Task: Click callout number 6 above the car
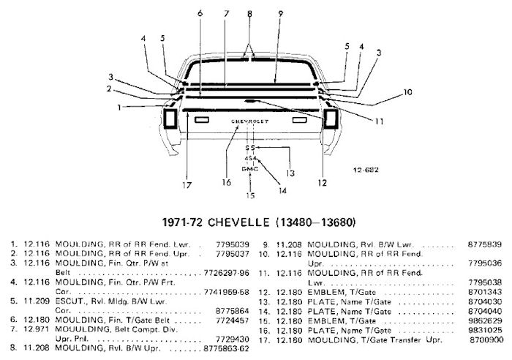200,13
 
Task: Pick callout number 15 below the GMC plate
249,195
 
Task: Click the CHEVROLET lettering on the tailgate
249,119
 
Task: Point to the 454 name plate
250,158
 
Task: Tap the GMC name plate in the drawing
250,168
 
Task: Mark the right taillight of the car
328,119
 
